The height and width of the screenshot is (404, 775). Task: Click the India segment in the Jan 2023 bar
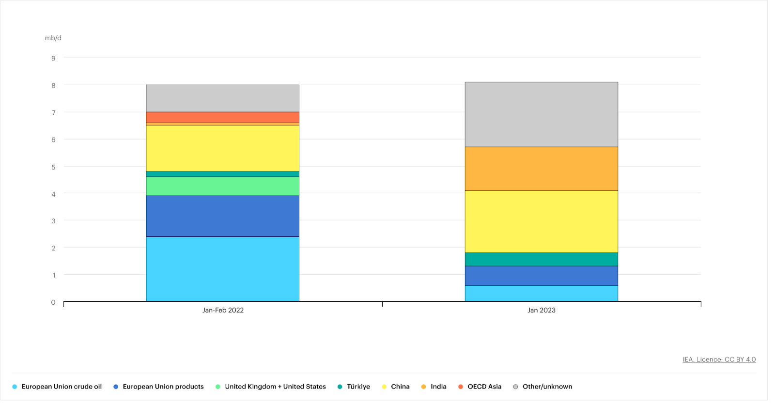[x=541, y=169]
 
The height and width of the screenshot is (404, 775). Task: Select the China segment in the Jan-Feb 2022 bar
[x=222, y=148]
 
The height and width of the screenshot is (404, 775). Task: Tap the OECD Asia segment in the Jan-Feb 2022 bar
[x=222, y=117]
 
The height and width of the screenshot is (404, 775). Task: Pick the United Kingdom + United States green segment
[x=222, y=186]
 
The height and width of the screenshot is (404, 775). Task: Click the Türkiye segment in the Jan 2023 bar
[x=541, y=259]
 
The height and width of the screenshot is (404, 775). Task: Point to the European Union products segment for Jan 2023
[x=541, y=276]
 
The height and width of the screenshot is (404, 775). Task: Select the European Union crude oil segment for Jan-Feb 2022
[x=222, y=269]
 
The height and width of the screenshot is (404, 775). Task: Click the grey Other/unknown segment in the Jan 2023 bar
[x=541, y=114]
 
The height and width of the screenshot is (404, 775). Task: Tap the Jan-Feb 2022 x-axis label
[x=223, y=310]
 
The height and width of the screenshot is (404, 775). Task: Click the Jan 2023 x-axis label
[x=541, y=310]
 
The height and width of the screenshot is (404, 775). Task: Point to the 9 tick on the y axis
[x=53, y=58]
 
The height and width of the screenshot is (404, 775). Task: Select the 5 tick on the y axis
[x=53, y=167]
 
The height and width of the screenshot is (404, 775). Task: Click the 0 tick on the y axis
[x=53, y=302]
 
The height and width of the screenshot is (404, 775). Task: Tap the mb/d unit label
[x=53, y=38]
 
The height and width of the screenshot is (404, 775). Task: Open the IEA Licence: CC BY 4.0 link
[x=719, y=359]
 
